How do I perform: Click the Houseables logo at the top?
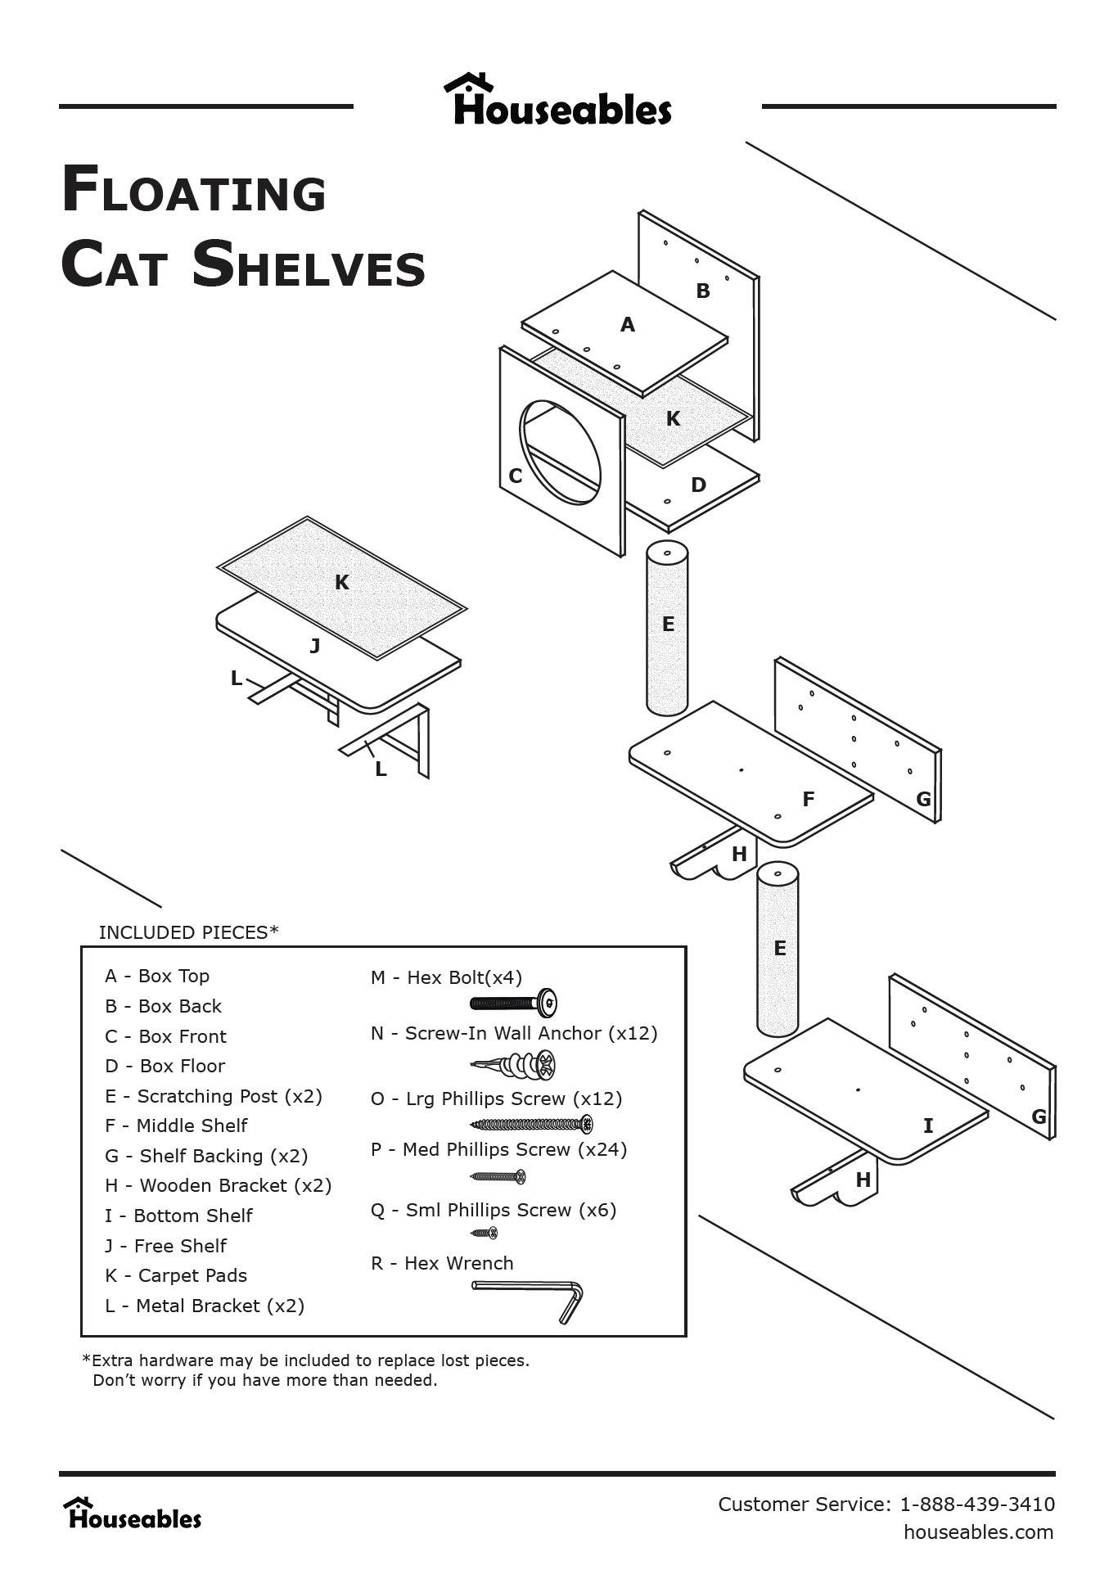pyautogui.click(x=558, y=101)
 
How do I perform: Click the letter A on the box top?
pyautogui.click(x=628, y=325)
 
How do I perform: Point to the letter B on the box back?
pyautogui.click(x=703, y=291)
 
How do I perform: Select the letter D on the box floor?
pyautogui.click(x=698, y=485)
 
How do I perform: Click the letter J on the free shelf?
pyautogui.click(x=315, y=647)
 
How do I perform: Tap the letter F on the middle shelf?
pyautogui.click(x=809, y=800)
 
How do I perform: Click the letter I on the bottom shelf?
pyautogui.click(x=928, y=1126)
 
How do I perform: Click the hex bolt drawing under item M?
pyautogui.click(x=514, y=1003)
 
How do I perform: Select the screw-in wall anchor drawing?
pyautogui.click(x=514, y=1065)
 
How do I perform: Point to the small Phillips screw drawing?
pyautogui.click(x=484, y=1233)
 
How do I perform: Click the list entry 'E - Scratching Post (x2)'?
pyautogui.click(x=214, y=1096)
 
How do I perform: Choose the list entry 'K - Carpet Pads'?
pyautogui.click(x=176, y=1275)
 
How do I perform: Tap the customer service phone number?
pyautogui.click(x=977, y=1504)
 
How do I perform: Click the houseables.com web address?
pyautogui.click(x=978, y=1532)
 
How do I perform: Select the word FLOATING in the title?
pyautogui.click(x=195, y=190)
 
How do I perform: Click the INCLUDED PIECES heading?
pyautogui.click(x=188, y=932)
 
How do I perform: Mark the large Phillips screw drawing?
pyautogui.click(x=531, y=1124)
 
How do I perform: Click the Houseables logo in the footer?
pyautogui.click(x=133, y=1514)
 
